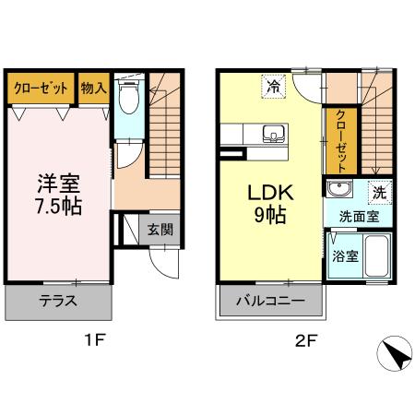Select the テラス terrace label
click(57, 301)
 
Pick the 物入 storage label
click(94, 89)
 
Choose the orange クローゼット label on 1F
click(41, 89)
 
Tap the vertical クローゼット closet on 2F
click(341, 141)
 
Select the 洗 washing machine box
click(378, 193)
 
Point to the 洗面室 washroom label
click(357, 219)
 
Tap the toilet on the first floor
click(129, 95)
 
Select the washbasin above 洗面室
click(338, 191)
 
